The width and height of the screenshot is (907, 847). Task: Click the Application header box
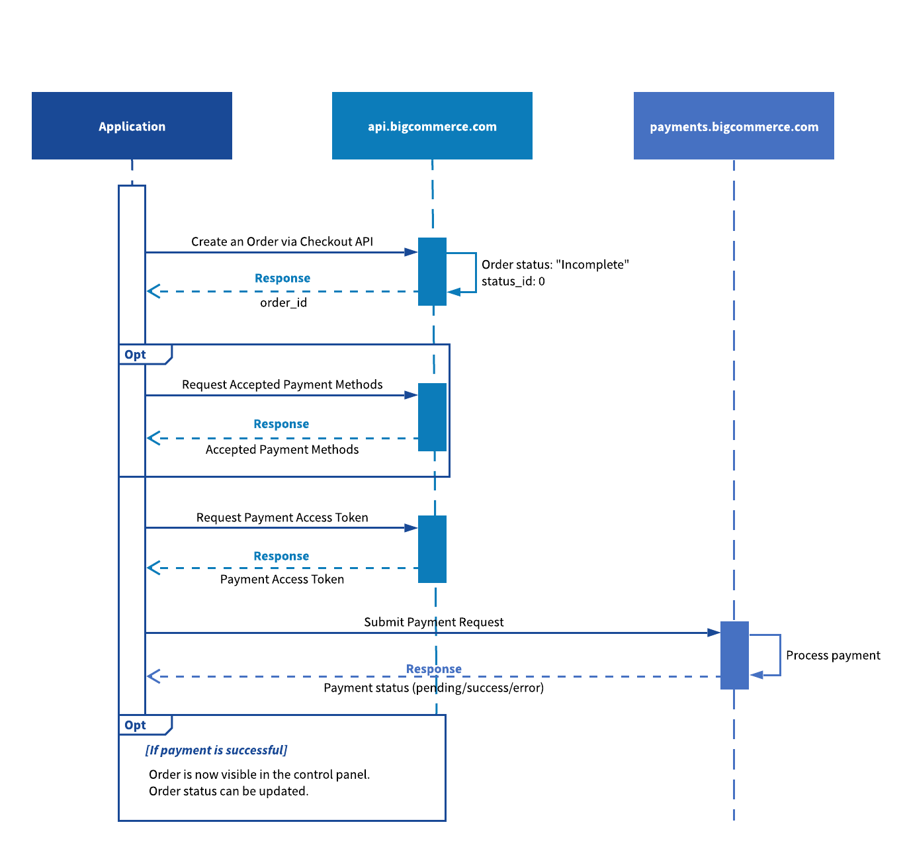click(132, 126)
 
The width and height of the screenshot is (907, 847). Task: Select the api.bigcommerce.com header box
click(432, 126)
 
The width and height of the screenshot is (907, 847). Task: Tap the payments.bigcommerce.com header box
click(734, 126)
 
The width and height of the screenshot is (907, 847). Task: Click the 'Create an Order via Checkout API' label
click(282, 242)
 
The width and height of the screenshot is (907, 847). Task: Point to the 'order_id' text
click(283, 302)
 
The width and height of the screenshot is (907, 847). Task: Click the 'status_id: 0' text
click(513, 281)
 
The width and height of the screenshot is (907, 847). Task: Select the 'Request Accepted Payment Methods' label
click(282, 384)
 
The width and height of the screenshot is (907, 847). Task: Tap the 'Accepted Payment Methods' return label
click(282, 449)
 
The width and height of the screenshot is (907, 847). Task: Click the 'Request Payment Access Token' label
click(282, 517)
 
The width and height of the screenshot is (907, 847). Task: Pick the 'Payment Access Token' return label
click(282, 579)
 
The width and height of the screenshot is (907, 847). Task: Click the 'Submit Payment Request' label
click(433, 622)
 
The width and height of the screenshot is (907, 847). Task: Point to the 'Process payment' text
click(833, 655)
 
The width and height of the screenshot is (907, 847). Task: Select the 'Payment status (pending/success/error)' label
click(433, 688)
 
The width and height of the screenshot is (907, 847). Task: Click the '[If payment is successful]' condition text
click(216, 750)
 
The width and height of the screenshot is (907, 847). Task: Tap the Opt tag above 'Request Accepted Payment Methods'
click(136, 355)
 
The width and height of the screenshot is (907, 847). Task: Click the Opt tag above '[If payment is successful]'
click(136, 725)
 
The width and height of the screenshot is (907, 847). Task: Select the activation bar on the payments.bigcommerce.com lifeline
click(734, 655)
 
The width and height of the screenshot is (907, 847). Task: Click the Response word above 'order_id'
click(282, 278)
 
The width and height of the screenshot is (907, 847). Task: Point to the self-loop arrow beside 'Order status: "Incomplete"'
click(475, 272)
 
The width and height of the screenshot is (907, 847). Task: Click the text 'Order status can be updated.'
click(228, 791)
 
